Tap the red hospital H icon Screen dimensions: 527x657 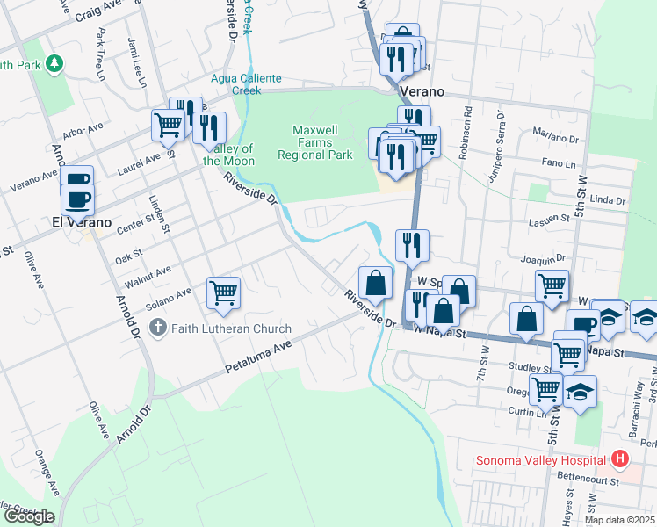(621, 459)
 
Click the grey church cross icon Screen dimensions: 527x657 (158, 329)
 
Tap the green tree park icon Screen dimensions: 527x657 (55, 63)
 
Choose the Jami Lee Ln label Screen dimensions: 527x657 (139, 69)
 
